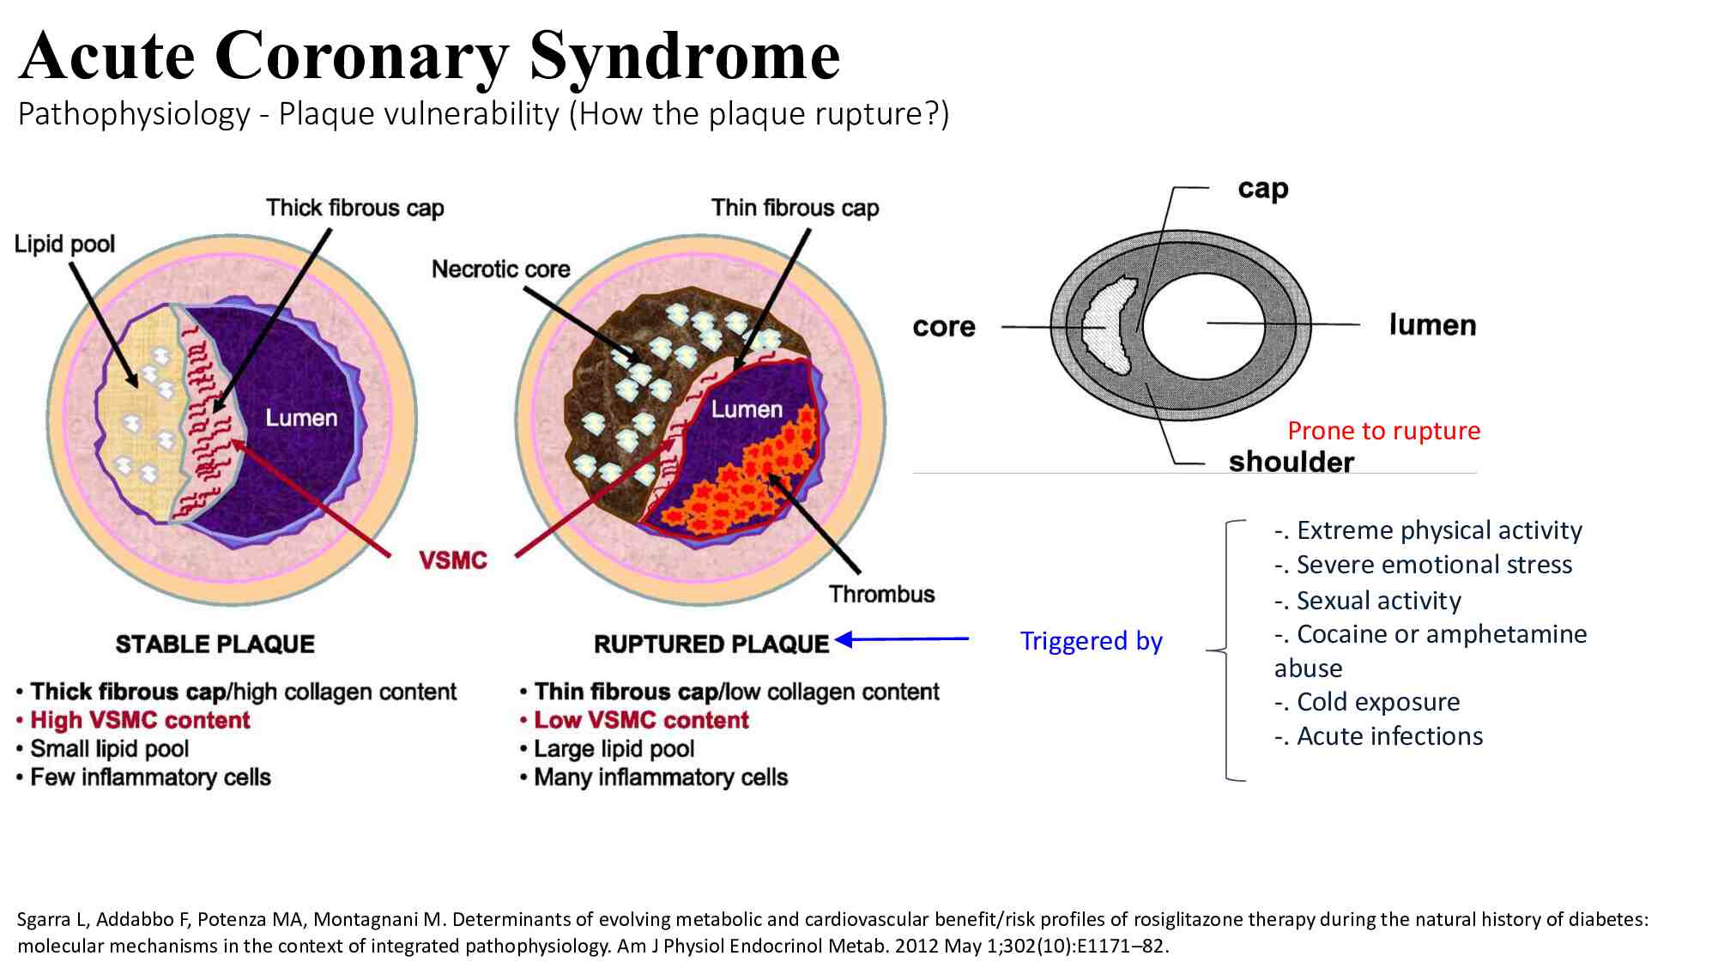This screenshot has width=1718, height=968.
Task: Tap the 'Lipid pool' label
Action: click(64, 245)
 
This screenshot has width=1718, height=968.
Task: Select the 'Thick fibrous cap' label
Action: click(355, 208)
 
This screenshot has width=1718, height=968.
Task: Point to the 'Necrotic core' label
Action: click(501, 269)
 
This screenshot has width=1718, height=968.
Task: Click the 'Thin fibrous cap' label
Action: click(795, 208)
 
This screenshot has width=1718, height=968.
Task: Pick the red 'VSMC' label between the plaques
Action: click(453, 560)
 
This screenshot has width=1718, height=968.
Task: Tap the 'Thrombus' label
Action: click(882, 594)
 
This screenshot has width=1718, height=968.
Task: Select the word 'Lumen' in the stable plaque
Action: click(301, 418)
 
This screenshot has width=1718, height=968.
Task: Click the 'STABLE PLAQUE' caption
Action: click(215, 644)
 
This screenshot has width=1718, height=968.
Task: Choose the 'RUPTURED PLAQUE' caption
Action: click(711, 644)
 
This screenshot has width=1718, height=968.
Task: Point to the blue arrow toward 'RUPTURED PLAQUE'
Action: click(902, 638)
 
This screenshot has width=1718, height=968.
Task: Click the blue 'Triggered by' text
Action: click(1092, 641)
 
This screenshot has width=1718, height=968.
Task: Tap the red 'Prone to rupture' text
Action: click(1384, 431)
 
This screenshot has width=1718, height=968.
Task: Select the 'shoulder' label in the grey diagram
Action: click(1292, 462)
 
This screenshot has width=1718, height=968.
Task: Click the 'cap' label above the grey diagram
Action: click(1263, 190)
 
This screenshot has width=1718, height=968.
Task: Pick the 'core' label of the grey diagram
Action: click(944, 327)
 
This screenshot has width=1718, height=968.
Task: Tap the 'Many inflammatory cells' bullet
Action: click(654, 777)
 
